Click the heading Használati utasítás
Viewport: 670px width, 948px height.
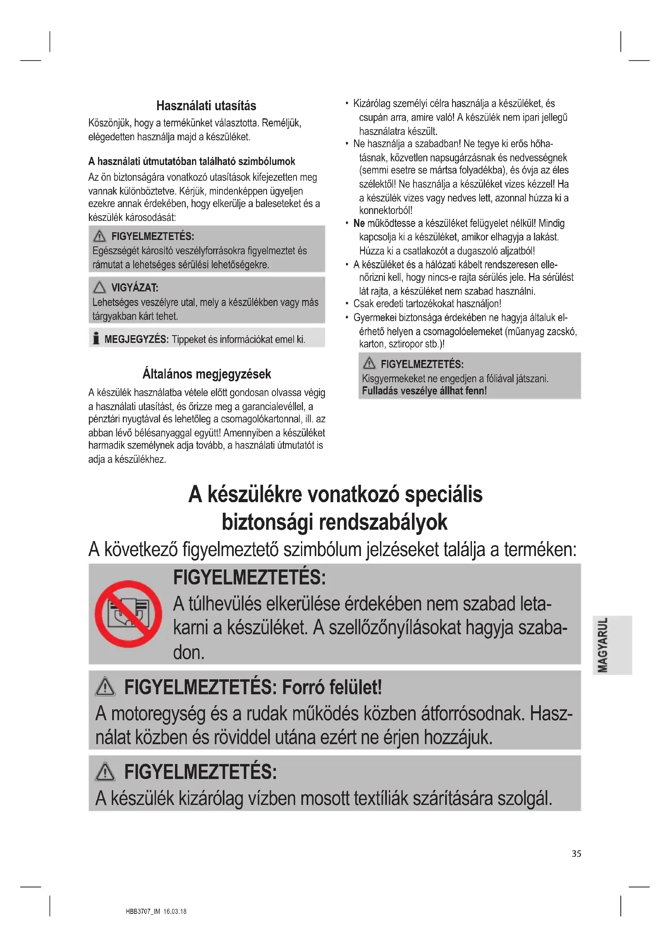click(x=206, y=106)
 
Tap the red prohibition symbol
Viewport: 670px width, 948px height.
click(x=128, y=614)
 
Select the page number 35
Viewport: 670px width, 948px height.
click(x=576, y=854)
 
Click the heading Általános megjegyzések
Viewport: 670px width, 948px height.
click(x=206, y=374)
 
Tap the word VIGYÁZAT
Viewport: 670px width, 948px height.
click(x=135, y=287)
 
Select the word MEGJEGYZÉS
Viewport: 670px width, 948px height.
click(x=136, y=339)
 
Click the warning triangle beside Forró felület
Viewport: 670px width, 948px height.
click(x=105, y=687)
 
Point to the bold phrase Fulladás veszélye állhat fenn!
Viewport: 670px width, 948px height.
click(x=424, y=391)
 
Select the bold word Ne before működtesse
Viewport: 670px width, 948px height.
click(x=359, y=223)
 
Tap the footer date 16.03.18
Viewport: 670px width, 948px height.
click(x=175, y=911)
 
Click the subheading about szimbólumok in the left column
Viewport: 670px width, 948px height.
click(x=192, y=161)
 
